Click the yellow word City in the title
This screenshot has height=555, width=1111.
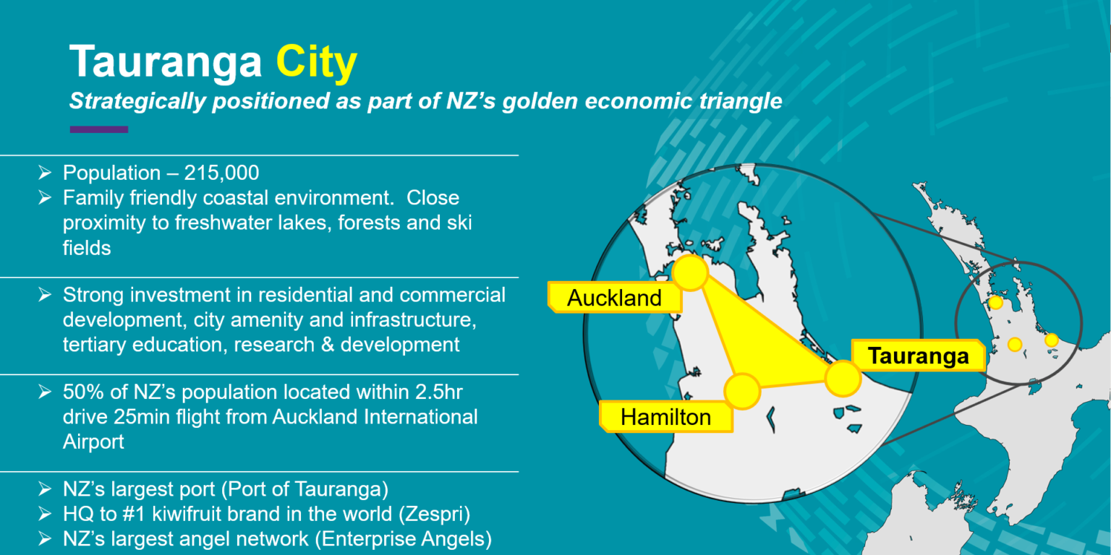coord(316,63)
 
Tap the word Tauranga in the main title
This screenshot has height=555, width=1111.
coord(166,61)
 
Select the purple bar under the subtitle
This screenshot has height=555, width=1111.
coord(99,129)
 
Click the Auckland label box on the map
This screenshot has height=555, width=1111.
coord(615,297)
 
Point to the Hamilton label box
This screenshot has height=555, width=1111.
coord(665,417)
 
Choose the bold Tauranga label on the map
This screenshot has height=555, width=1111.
coord(918,356)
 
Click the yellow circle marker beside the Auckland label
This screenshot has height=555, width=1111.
coord(691,272)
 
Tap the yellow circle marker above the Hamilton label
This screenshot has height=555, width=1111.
coord(743,392)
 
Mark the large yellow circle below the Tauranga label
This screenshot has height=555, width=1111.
coord(843,379)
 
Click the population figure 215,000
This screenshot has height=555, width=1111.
coord(222,173)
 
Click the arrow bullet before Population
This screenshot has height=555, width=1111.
coord(45,173)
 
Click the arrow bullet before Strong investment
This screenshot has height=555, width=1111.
coord(45,295)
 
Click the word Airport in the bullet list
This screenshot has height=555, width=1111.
coord(93,442)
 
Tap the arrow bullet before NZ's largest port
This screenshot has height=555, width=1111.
coord(45,489)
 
